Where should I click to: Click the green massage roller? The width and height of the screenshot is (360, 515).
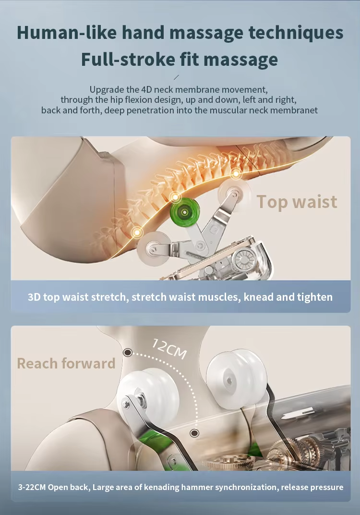point(185,212)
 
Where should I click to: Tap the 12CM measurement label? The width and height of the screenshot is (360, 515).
point(169,348)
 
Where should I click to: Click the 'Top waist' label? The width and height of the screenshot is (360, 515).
point(297,202)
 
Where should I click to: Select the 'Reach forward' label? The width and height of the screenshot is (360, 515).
point(66,363)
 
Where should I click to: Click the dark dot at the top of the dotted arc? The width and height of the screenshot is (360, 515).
point(128,353)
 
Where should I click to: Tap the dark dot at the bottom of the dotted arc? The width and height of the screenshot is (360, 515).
point(194,433)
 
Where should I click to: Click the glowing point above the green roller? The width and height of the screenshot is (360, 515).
point(176,197)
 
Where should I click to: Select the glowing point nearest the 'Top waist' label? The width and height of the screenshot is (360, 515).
point(236,173)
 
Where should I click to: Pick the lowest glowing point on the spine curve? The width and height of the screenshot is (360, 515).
point(137,233)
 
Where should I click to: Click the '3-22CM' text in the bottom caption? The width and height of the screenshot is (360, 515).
point(32,487)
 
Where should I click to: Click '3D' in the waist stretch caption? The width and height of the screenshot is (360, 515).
point(34,297)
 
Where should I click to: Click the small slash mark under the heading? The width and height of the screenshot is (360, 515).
point(176,77)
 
